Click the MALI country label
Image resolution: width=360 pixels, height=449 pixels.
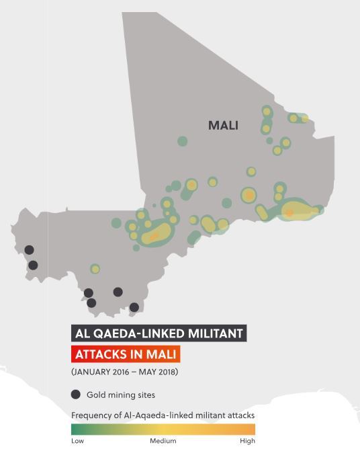tap(223, 126)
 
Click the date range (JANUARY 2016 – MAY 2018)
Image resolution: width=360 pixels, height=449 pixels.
tap(124, 372)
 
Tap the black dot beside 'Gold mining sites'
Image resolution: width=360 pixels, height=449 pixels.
tap(76, 395)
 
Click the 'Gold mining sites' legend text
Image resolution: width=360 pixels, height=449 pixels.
tap(121, 395)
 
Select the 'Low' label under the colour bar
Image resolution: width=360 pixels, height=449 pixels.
tap(78, 441)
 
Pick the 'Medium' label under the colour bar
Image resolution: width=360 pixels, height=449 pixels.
tap(163, 441)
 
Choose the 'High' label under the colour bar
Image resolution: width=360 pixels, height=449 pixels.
tap(247, 441)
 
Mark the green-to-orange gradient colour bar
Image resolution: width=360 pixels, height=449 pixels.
tap(163, 428)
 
